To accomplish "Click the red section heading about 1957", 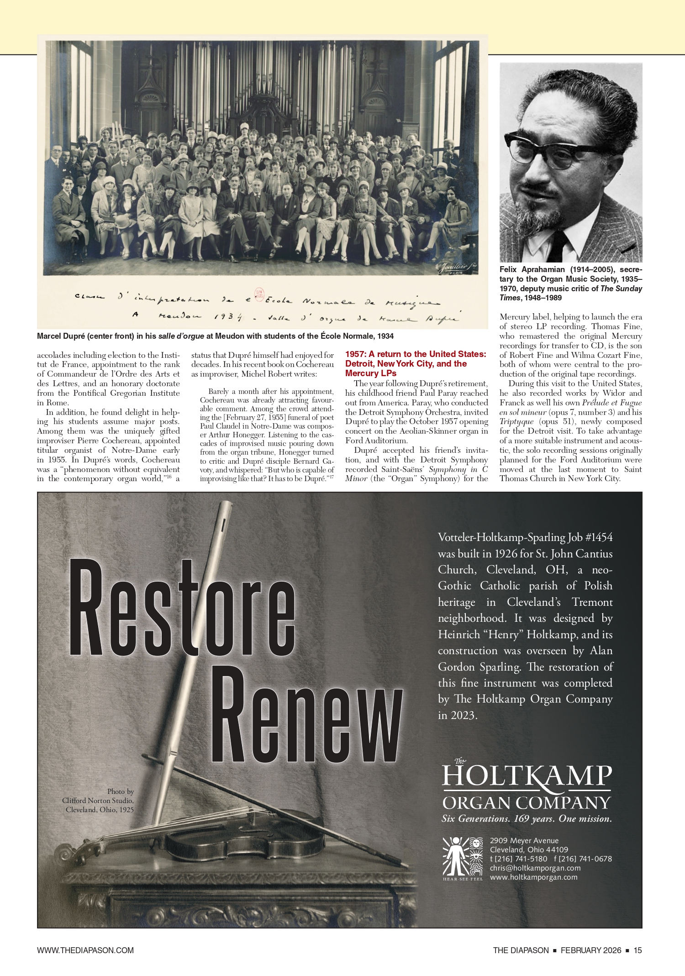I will (x=416, y=363).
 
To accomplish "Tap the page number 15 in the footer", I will (x=638, y=950).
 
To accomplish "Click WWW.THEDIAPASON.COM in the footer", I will (x=85, y=950).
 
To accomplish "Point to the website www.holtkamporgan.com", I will (x=533, y=877).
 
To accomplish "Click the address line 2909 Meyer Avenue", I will (x=524, y=840).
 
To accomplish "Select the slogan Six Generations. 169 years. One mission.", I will (x=527, y=819).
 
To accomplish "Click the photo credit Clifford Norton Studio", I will (x=98, y=800).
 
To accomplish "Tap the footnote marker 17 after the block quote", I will (x=332, y=477).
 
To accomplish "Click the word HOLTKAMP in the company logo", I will (x=527, y=777).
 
